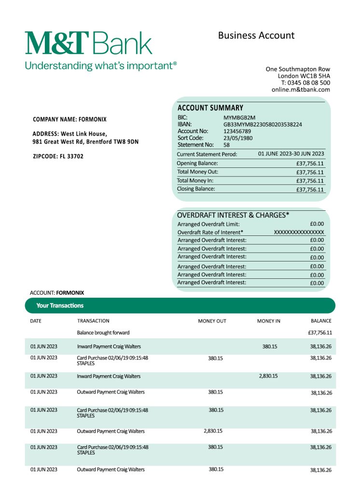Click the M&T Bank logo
click(x=88, y=43)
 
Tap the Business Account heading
click(x=256, y=35)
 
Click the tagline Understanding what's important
click(x=101, y=65)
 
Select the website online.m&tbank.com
click(x=301, y=89)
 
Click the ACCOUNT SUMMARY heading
click(x=210, y=108)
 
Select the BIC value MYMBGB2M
click(x=239, y=117)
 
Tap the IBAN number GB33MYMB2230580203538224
click(x=263, y=124)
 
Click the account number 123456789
click(x=237, y=131)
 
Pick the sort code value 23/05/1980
click(x=238, y=138)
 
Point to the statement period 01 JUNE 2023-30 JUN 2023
click(x=291, y=154)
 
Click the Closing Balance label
click(x=196, y=189)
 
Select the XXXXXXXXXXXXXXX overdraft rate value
click(x=299, y=232)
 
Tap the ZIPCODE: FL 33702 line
click(x=58, y=156)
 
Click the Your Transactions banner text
click(x=60, y=305)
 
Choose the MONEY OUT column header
click(x=212, y=321)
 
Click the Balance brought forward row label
click(x=103, y=332)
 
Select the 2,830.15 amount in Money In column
click(x=268, y=376)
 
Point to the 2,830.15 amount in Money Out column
click(x=213, y=431)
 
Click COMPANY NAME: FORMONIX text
click(x=69, y=119)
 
